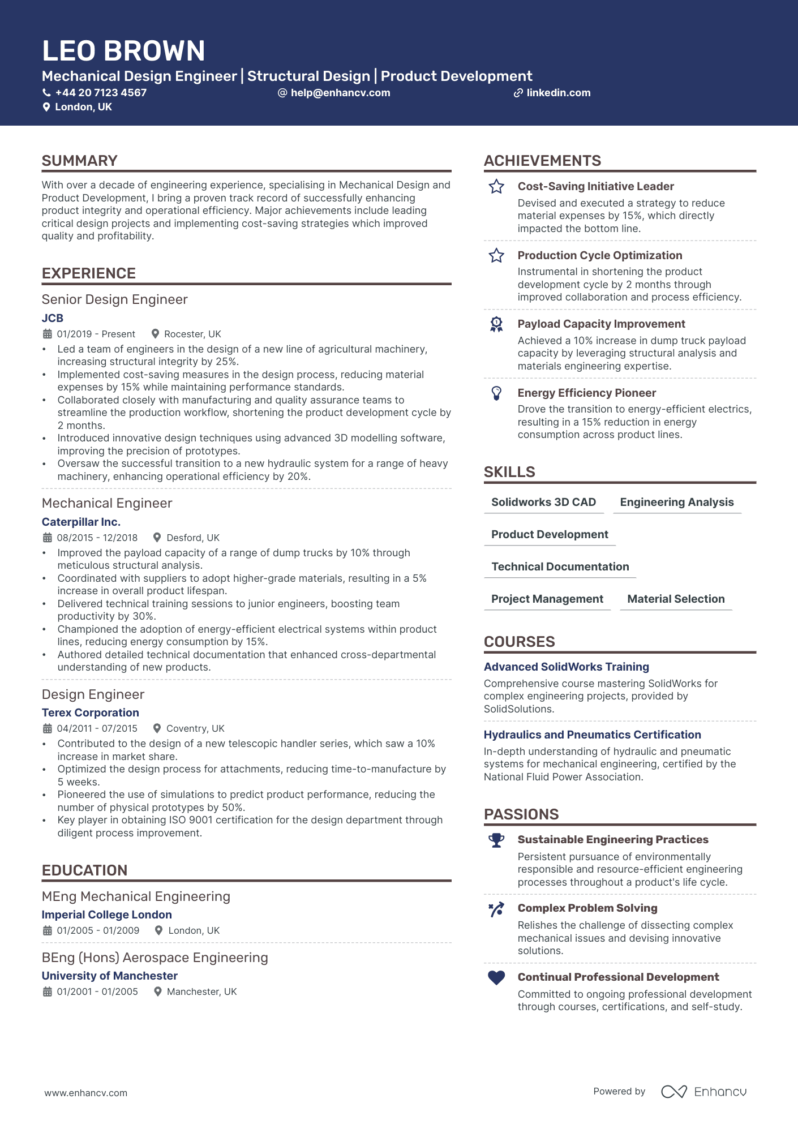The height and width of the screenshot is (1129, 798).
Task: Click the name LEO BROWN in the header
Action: (x=123, y=51)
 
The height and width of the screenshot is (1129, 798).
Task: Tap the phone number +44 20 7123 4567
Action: (x=101, y=93)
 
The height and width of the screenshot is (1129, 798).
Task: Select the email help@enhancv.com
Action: (x=340, y=93)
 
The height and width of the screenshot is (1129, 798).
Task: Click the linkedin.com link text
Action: (x=558, y=93)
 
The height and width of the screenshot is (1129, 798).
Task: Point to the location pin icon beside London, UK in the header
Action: (x=46, y=107)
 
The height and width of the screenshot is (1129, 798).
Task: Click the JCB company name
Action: (x=53, y=318)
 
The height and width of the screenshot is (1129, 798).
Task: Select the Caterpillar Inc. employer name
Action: (x=81, y=522)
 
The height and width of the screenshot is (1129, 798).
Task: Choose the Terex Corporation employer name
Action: (x=90, y=712)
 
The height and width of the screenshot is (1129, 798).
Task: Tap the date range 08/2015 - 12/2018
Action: (x=97, y=538)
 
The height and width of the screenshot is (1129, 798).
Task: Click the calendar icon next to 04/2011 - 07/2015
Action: (x=48, y=728)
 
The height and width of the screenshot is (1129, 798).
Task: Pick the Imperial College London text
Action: (x=106, y=915)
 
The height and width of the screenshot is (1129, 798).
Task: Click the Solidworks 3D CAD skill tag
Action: (x=543, y=502)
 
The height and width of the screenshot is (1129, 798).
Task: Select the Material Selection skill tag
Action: (x=676, y=599)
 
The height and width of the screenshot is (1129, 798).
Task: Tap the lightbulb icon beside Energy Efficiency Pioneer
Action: (x=496, y=393)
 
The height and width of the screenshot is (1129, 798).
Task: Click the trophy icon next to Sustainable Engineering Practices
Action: (x=496, y=840)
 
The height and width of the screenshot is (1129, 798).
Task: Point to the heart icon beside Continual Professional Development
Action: (x=496, y=977)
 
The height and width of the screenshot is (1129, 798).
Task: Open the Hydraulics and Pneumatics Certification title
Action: (x=592, y=735)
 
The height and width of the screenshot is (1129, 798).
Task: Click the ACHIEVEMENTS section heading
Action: (x=542, y=161)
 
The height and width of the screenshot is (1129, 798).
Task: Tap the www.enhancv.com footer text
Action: (x=86, y=1093)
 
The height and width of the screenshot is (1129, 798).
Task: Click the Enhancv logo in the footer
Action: (x=703, y=1092)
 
